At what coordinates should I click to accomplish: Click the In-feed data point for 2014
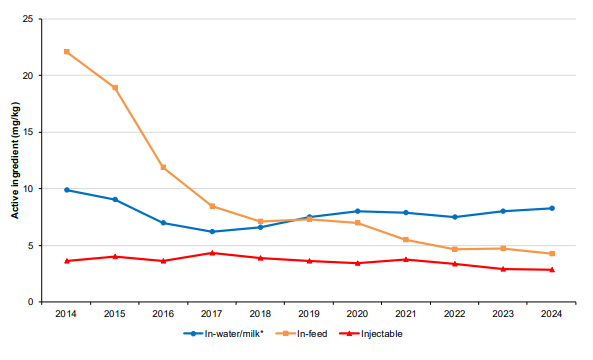pos(66,52)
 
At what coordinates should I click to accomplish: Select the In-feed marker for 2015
pos(115,88)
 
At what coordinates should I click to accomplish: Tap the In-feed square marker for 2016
pos(163,167)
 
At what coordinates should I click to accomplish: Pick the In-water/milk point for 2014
pos(66,190)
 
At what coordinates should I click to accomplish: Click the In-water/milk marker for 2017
pos(212,231)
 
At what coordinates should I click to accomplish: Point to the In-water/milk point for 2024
pos(551,208)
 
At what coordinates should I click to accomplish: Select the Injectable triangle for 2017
pos(212,253)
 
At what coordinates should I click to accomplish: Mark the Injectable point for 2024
pos(551,270)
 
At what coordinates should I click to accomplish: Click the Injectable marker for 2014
pos(66,261)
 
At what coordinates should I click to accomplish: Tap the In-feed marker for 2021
pos(406,239)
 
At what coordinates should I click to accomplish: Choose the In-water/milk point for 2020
pos(357,211)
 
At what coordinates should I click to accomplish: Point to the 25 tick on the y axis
pos(37,19)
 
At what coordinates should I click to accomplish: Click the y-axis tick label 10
pos(37,189)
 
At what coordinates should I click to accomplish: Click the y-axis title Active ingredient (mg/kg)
pos(15,160)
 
